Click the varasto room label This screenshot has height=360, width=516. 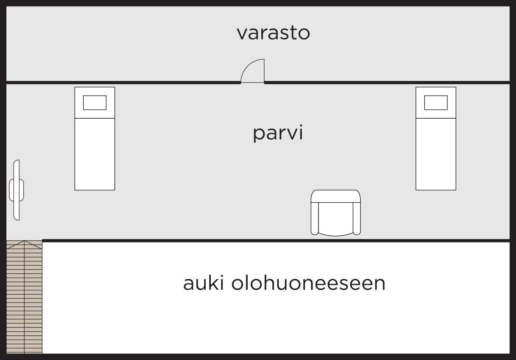point(273,33)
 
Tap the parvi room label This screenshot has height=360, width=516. point(278,133)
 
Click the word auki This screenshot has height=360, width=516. point(204,283)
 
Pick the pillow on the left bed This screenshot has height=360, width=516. point(95,102)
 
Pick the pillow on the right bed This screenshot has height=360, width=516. point(436,102)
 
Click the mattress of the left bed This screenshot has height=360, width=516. point(95,154)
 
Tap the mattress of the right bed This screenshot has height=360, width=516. point(436,154)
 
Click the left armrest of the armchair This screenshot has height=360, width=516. point(314,218)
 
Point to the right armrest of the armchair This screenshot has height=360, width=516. point(357,218)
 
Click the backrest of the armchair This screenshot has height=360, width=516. point(336,196)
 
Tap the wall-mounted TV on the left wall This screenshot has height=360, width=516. point(16,190)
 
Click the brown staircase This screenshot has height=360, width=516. point(24,298)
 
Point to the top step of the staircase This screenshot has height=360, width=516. point(24,244)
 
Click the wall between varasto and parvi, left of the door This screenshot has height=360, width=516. point(122,82)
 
